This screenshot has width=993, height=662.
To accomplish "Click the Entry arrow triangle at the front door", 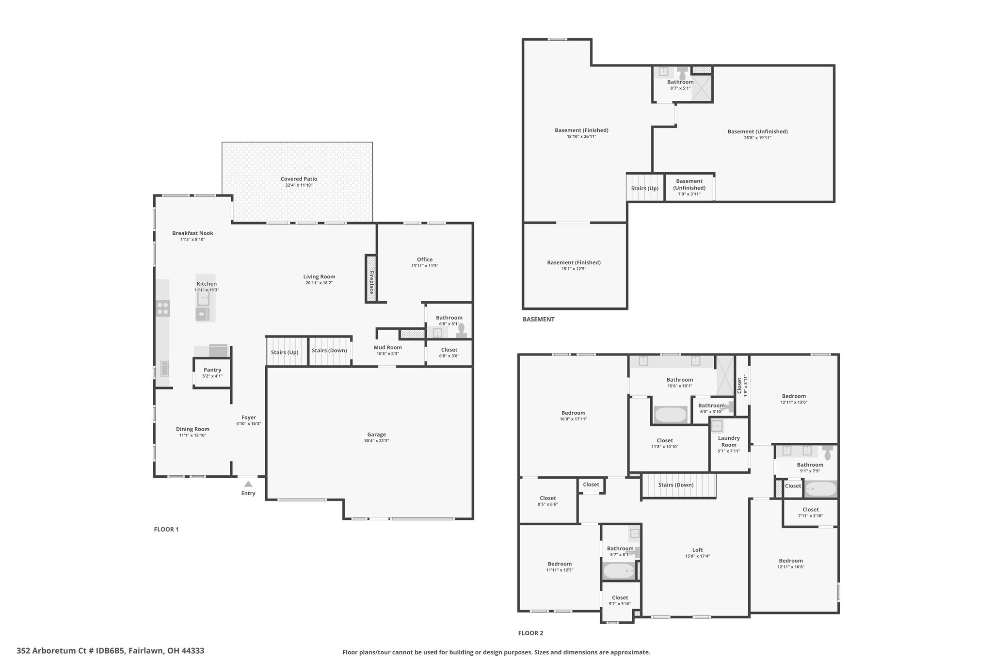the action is point(248,484).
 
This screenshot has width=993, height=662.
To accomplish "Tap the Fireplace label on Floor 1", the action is point(371,282).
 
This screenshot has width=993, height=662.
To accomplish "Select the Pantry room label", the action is point(212,370).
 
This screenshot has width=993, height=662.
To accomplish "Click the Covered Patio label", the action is point(299,179).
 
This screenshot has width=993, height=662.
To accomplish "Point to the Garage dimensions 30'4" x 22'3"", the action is point(376,441).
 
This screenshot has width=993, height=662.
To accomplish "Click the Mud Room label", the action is point(387,347).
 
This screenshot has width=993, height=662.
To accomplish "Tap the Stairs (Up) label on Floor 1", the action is point(285,353).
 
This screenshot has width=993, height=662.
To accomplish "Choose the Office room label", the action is point(425,259).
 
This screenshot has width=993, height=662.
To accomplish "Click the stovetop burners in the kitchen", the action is point(163,308).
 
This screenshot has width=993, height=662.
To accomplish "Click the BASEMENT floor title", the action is point(538,319).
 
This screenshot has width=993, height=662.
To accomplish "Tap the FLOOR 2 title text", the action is point(530,633).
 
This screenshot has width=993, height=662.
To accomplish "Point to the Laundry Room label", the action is point(729,441).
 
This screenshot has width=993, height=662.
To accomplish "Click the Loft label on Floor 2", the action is point(697,550).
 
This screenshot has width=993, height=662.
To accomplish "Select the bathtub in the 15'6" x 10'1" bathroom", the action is point(671,415).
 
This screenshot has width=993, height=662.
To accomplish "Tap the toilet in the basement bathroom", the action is point(683,73).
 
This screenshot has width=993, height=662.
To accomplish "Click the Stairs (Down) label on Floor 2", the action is point(676,485).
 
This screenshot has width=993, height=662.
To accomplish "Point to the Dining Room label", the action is point(192,429).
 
